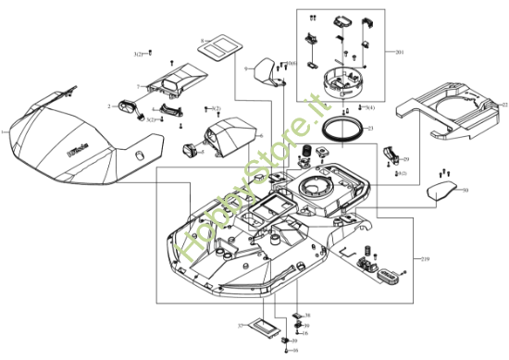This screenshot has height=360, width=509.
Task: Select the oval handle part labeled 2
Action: click(x=126, y=107)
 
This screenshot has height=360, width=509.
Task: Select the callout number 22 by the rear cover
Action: click(x=504, y=105)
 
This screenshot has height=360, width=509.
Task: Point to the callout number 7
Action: click(x=138, y=87)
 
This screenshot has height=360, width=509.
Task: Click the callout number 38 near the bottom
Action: click(x=307, y=316)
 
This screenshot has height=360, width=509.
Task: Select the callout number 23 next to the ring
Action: click(x=370, y=128)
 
